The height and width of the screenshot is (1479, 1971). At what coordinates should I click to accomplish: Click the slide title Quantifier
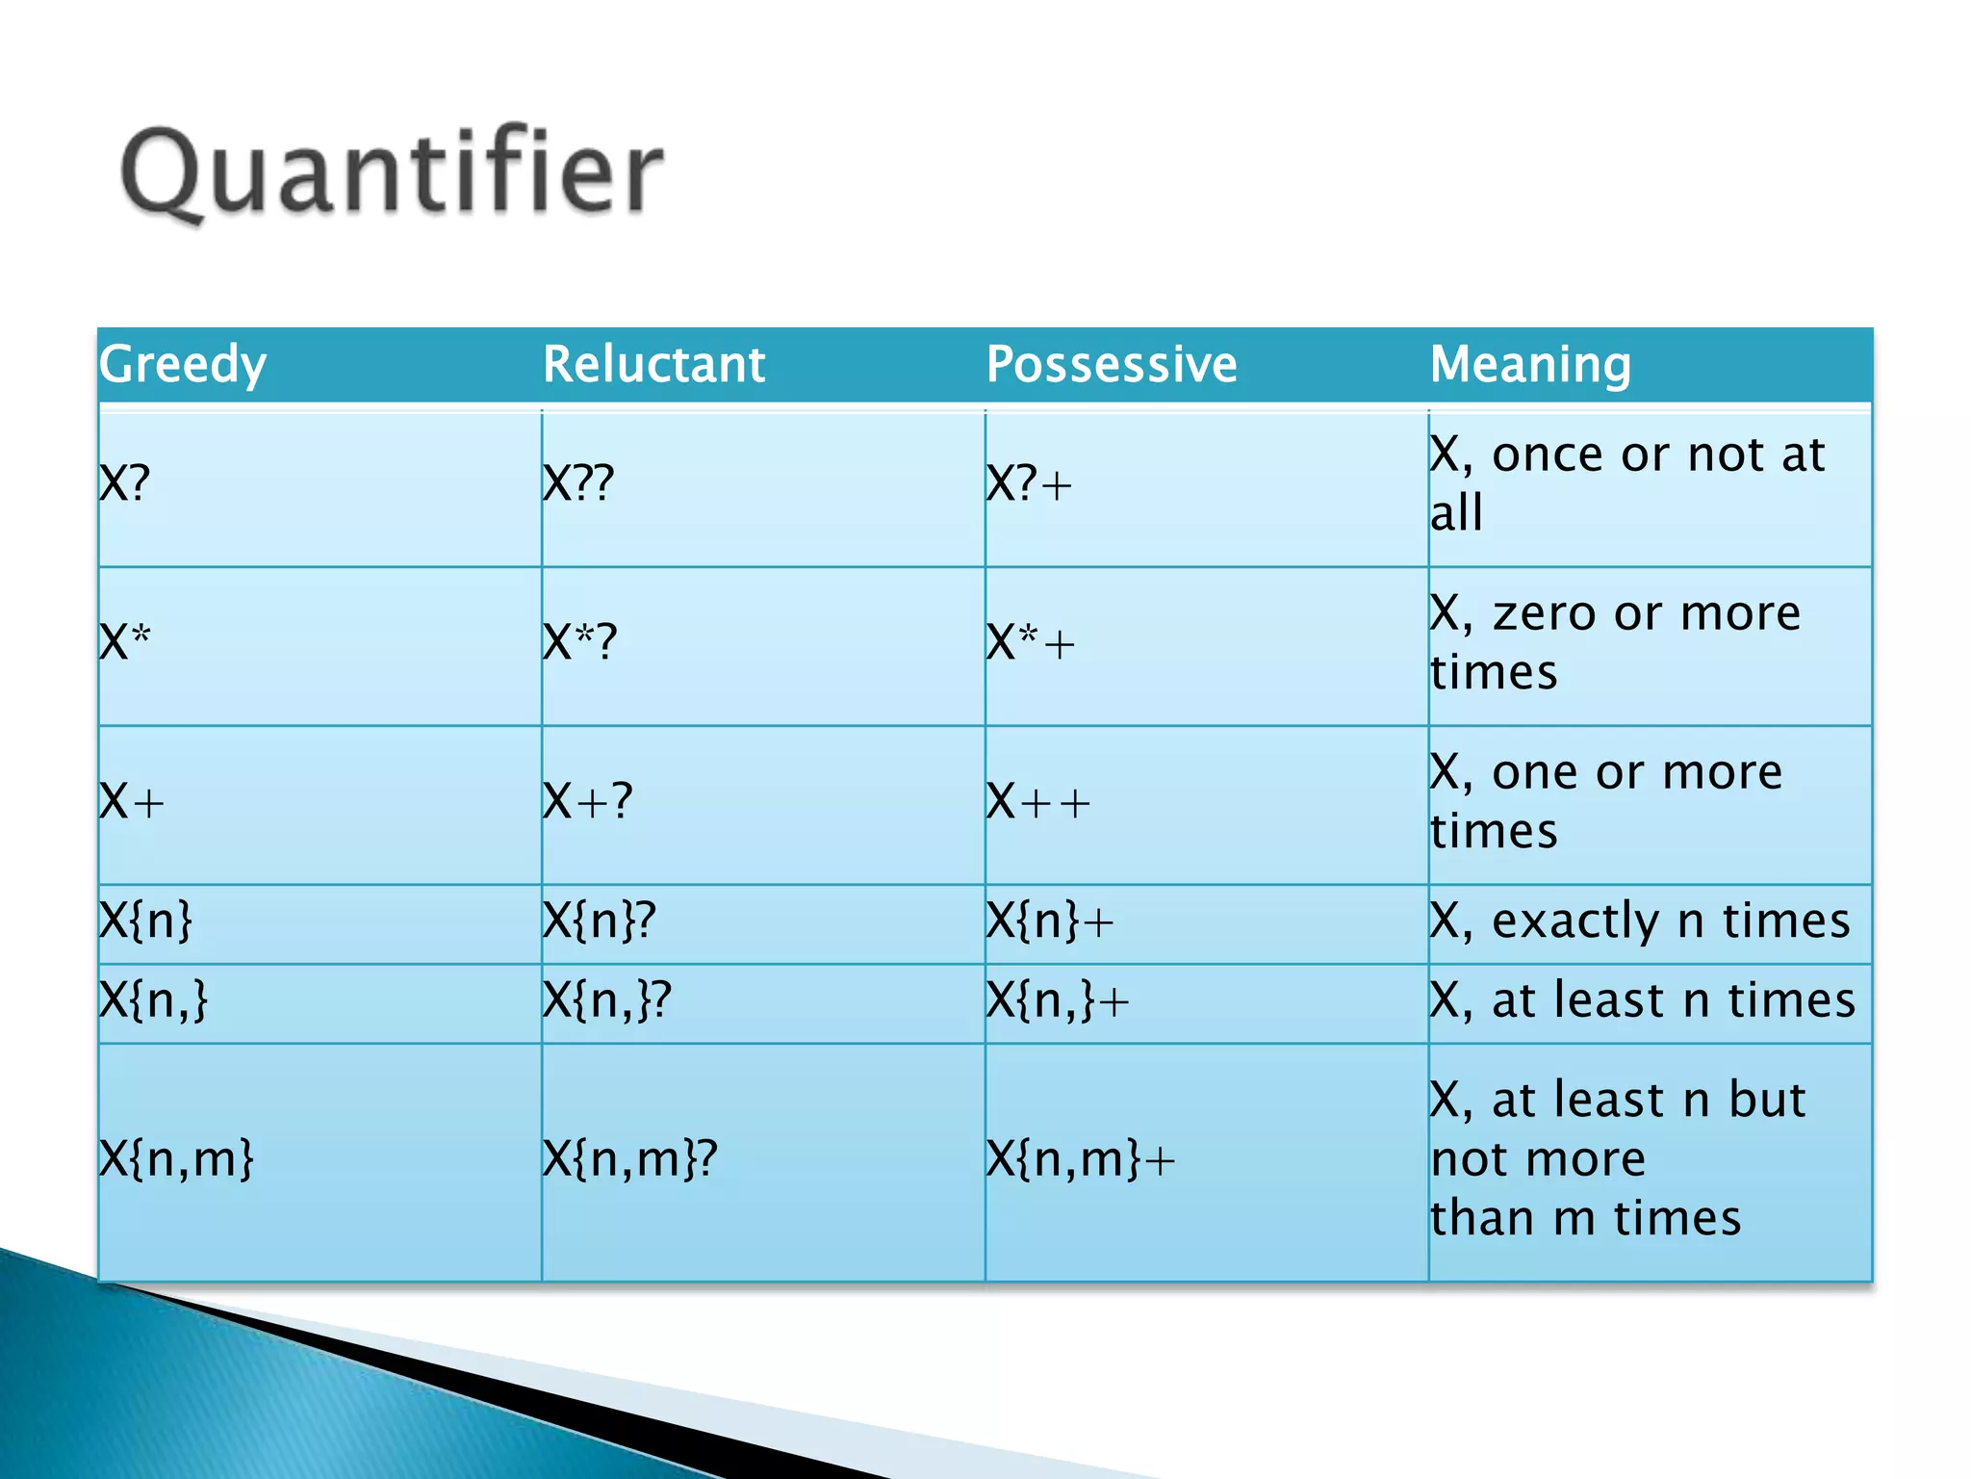[x=393, y=173]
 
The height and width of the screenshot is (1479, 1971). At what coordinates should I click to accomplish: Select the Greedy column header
[x=183, y=365]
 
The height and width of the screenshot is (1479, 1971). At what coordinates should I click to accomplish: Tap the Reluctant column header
[x=653, y=365]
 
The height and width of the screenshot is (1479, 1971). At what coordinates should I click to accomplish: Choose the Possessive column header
[x=1112, y=365]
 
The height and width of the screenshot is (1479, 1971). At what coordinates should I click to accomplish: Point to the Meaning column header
[x=1530, y=365]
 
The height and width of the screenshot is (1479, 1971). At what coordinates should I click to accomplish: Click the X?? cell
[x=578, y=482]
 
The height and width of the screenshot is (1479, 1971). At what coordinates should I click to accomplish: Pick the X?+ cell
[x=1029, y=483]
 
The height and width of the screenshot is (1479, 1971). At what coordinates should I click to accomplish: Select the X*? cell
[x=579, y=641]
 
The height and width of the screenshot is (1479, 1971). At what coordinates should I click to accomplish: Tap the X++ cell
[x=1038, y=801]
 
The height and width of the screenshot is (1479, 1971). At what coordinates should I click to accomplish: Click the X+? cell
[x=588, y=801]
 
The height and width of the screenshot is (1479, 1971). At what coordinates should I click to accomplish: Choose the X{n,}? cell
[x=607, y=1000]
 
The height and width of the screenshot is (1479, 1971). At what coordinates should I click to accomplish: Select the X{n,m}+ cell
[x=1080, y=1158]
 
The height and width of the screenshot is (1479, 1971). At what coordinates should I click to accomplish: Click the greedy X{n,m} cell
[x=177, y=1158]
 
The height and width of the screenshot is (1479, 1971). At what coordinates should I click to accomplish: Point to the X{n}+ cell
[x=1050, y=921]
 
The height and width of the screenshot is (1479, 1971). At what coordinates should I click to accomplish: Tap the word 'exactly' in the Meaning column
[x=1574, y=921]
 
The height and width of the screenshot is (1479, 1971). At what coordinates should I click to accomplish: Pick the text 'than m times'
[x=1585, y=1218]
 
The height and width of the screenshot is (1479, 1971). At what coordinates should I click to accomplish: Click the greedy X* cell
[x=126, y=641]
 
